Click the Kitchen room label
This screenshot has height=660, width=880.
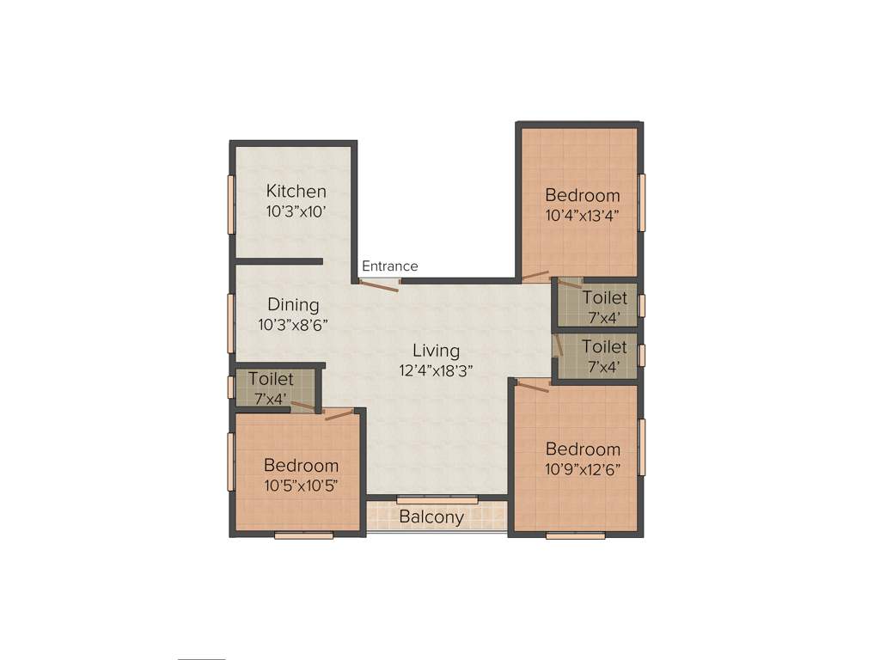[x=296, y=191]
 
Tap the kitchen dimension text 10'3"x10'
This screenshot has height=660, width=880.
[x=296, y=210]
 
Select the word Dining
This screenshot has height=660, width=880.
[x=293, y=305]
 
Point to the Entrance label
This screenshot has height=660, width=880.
[x=389, y=266]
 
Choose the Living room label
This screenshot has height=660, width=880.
[x=436, y=351]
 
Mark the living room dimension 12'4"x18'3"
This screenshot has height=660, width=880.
[x=436, y=370]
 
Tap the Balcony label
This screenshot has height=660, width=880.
[x=431, y=517]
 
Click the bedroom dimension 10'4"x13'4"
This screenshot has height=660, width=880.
[x=582, y=215]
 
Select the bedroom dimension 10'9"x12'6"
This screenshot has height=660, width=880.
[x=583, y=469]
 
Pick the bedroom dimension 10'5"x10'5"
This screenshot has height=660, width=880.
[x=301, y=485]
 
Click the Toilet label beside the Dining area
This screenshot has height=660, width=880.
[x=271, y=379]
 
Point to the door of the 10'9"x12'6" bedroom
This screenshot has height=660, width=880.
[x=533, y=387]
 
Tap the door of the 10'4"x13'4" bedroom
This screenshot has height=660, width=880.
[x=537, y=276]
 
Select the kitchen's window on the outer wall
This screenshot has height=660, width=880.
[x=230, y=204]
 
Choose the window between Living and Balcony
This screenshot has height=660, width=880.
[x=437, y=500]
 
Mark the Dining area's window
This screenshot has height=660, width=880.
[x=230, y=322]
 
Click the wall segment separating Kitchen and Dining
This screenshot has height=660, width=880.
[x=278, y=260]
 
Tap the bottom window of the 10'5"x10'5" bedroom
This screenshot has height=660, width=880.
[x=303, y=535]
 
